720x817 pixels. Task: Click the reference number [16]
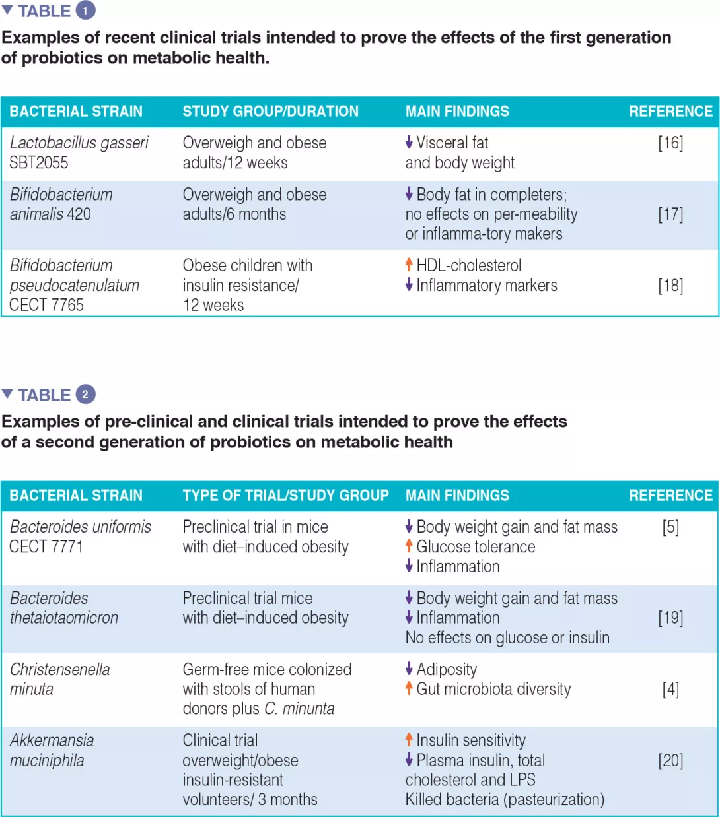(x=670, y=143)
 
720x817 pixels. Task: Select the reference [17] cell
(x=670, y=214)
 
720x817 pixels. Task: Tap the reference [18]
(x=670, y=286)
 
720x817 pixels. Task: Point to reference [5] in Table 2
(x=670, y=527)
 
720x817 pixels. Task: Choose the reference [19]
(x=670, y=618)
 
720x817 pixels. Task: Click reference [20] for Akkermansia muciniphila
(x=670, y=761)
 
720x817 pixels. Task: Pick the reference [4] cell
(x=670, y=690)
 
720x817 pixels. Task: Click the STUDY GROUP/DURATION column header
(x=270, y=112)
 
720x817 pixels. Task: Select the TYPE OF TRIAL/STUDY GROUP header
(x=285, y=496)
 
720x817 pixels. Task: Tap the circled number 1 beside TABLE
(x=85, y=11)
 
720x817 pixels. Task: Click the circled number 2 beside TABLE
(x=85, y=395)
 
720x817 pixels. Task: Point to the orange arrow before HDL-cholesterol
(x=409, y=265)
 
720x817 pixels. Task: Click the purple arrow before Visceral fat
(x=409, y=142)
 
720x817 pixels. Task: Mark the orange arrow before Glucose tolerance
(x=409, y=546)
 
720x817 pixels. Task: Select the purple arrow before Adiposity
(x=409, y=669)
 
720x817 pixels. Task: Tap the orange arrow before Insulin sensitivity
(x=409, y=740)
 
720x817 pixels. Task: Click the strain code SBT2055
(x=39, y=163)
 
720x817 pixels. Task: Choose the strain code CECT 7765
(x=46, y=305)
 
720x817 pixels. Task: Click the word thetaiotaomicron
(x=64, y=618)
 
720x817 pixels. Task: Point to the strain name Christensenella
(x=60, y=670)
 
